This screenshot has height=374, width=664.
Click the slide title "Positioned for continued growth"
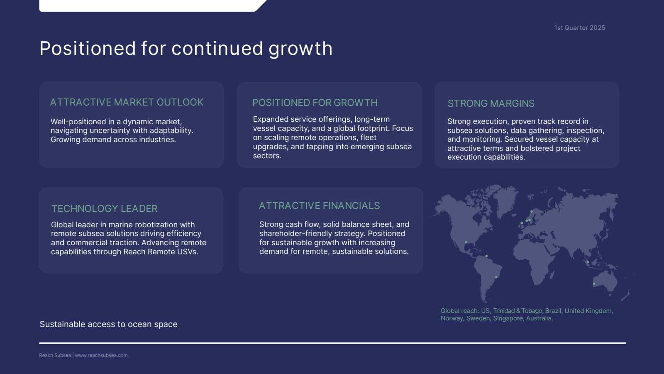tap(186, 48)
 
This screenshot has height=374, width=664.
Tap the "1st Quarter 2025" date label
tap(579, 27)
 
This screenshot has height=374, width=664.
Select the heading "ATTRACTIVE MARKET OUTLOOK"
tap(127, 102)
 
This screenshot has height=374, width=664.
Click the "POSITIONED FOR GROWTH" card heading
tap(315, 103)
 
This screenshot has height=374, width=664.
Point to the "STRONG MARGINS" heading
tap(491, 103)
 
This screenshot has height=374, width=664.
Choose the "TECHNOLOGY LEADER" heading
tap(104, 208)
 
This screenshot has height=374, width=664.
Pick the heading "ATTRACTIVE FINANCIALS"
tap(319, 206)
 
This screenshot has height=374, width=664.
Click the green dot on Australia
tap(594, 284)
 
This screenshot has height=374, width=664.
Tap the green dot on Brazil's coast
tap(496, 277)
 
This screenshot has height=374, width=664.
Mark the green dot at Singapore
tap(588, 262)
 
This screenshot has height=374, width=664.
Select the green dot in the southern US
tap(466, 242)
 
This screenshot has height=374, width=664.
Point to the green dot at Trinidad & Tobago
tap(486, 256)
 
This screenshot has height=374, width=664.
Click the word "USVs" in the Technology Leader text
tap(188, 252)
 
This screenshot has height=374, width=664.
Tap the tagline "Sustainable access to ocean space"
tap(108, 324)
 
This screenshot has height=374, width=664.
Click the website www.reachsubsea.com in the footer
tap(101, 355)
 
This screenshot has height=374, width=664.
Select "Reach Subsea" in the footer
tap(55, 355)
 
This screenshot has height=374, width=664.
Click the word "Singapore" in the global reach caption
tap(508, 318)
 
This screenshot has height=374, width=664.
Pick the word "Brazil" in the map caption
tap(553, 311)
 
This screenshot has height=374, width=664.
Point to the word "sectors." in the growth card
tap(267, 156)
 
